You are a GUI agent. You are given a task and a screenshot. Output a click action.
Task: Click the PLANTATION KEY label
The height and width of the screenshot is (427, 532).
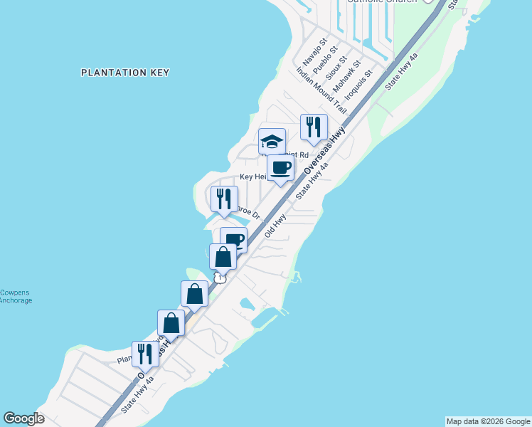point(124,73)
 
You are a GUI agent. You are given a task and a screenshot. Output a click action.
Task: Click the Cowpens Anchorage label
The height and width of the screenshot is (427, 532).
point(16,296)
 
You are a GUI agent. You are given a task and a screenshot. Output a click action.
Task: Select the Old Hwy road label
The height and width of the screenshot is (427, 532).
point(275,226)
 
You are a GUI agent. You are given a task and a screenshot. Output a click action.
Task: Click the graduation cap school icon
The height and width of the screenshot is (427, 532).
point(272,141)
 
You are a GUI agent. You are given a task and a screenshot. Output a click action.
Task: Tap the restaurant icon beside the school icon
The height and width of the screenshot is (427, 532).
point(314,127)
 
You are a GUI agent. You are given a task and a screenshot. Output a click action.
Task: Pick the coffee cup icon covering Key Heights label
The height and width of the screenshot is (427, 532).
point(280,168)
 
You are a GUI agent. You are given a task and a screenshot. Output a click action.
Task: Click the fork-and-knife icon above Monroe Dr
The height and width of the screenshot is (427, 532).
point(224,199)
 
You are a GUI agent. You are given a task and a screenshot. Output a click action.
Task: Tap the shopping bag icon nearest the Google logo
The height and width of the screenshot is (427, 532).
point(171,322)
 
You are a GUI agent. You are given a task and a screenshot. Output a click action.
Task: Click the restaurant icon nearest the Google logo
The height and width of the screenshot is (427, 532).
point(145,354)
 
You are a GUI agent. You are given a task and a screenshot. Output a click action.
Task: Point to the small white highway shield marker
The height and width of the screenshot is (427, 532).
point(221,278)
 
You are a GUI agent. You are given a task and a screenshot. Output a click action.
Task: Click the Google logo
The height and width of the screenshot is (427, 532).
point(23,418)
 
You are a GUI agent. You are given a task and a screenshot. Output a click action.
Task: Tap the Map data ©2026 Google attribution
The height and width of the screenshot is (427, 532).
point(488,421)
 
